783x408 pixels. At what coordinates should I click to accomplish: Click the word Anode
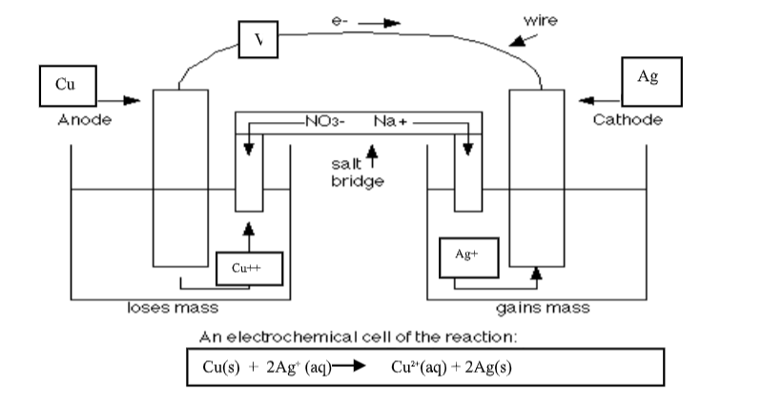[x=85, y=120]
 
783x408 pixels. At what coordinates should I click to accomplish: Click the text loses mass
[x=173, y=308]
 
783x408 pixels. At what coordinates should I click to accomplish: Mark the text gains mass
[x=543, y=308]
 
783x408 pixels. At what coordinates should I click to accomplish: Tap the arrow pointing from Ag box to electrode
[x=594, y=99]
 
